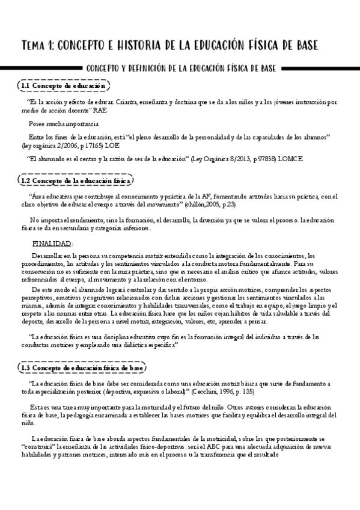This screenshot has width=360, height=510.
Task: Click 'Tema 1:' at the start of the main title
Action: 37,46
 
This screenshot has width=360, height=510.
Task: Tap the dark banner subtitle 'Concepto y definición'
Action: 180,69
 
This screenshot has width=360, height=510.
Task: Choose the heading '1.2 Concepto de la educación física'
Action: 75,180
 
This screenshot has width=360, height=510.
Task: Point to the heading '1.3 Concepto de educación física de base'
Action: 82,367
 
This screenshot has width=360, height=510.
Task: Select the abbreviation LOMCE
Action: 291,159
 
